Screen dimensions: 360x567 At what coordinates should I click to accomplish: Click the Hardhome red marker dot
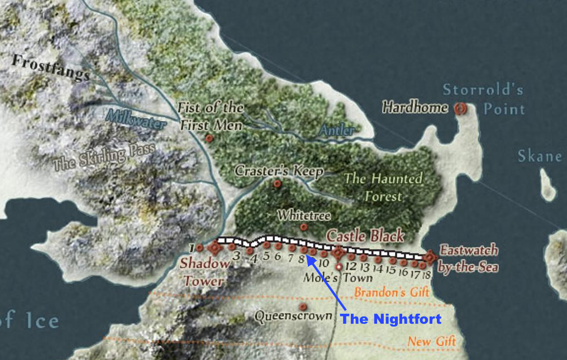click(460, 109)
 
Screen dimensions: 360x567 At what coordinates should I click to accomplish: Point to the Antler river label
click(337, 131)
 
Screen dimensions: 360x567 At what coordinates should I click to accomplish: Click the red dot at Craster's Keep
click(277, 184)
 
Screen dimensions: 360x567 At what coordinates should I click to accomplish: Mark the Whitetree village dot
click(303, 227)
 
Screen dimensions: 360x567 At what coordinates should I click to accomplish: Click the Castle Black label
click(365, 235)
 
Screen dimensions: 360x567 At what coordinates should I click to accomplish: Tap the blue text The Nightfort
click(391, 319)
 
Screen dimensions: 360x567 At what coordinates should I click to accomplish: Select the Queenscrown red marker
click(303, 307)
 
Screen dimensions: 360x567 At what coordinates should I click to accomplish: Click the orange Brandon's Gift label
click(391, 292)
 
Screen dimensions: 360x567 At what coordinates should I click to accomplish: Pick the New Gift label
click(431, 341)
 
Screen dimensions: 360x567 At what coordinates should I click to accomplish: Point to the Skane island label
click(539, 156)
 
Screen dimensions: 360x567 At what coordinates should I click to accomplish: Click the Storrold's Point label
click(484, 99)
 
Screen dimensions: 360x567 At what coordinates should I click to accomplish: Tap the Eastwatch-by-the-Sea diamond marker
click(430, 257)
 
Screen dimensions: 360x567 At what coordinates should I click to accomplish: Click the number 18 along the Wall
click(427, 275)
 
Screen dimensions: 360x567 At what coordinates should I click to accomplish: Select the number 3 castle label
click(236, 256)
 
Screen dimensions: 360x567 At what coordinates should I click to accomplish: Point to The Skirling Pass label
click(98, 156)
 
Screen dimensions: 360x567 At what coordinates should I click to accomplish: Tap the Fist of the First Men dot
click(209, 138)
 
